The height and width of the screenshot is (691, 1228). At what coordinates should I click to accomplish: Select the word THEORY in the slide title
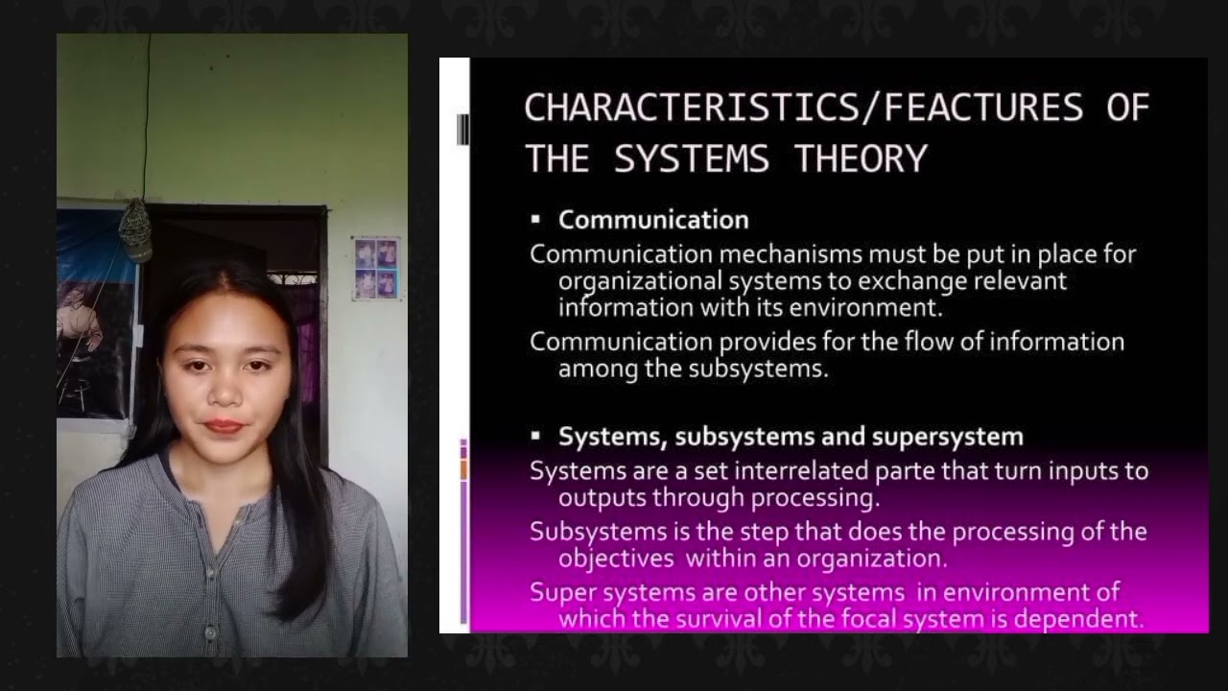pyautogui.click(x=861, y=158)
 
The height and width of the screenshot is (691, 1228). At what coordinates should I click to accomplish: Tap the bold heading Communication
pyautogui.click(x=653, y=220)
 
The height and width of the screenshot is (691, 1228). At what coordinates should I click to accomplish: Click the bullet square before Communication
pyautogui.click(x=536, y=220)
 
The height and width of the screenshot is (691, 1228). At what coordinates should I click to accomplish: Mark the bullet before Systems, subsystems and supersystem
pyautogui.click(x=536, y=436)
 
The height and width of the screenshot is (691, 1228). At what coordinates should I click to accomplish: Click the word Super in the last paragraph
pyautogui.click(x=559, y=592)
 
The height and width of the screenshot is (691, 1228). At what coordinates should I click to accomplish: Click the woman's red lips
pyautogui.click(x=224, y=425)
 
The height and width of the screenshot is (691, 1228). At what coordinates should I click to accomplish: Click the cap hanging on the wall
pyautogui.click(x=135, y=229)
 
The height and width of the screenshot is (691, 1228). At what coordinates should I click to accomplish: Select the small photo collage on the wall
pyautogui.click(x=375, y=268)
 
